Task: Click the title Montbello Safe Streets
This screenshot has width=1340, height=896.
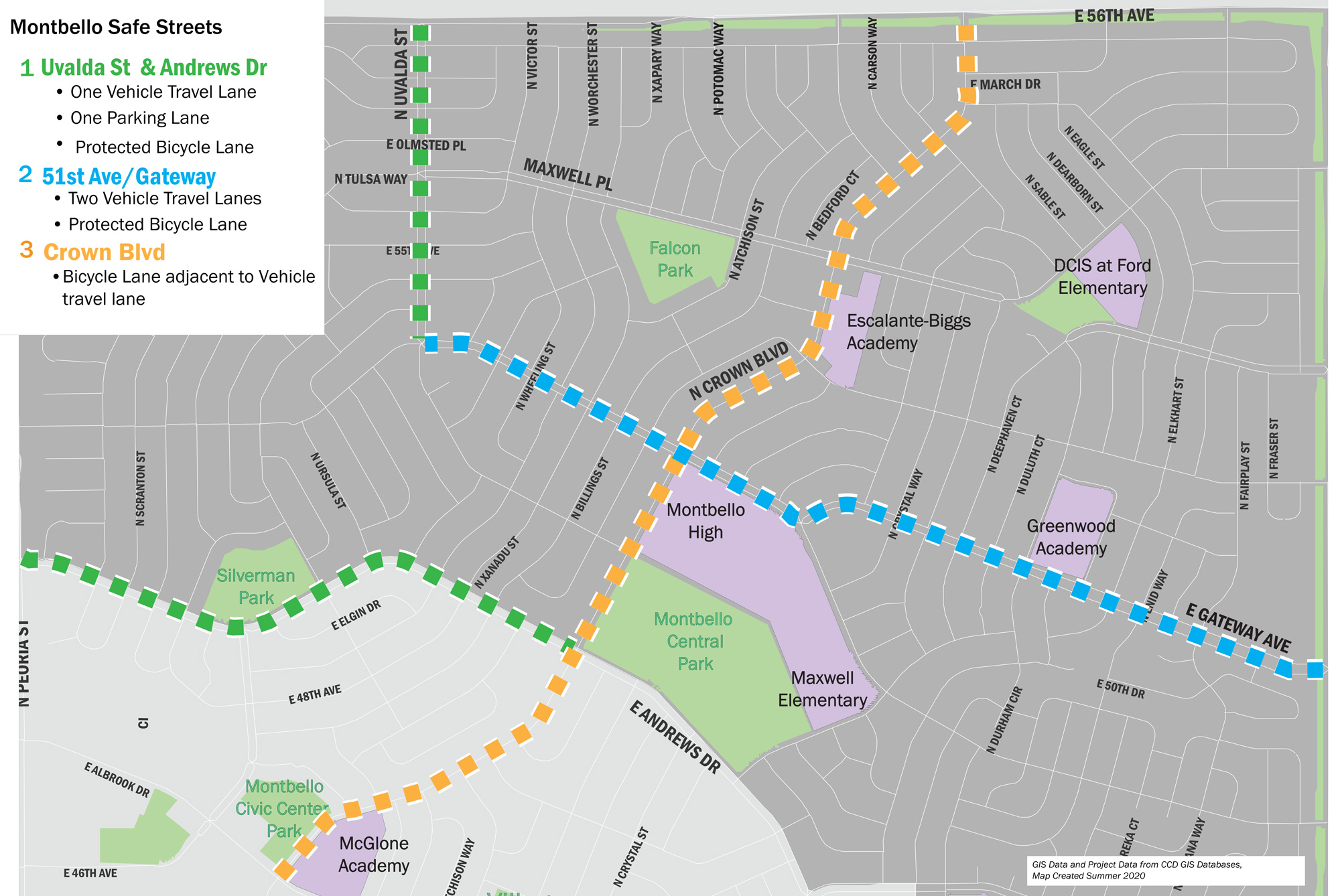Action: pos(116,27)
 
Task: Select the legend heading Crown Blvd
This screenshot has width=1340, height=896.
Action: pos(104,252)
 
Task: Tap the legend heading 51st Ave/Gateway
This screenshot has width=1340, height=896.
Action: pos(129,177)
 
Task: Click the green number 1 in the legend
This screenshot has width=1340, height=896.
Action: pos(27,68)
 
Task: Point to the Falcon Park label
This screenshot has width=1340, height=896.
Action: pos(675,259)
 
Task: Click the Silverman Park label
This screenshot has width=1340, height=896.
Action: pos(255,587)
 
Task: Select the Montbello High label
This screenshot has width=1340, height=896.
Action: pos(706,521)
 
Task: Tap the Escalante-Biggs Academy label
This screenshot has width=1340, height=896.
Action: pos(908,331)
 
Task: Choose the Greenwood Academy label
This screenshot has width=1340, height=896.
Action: pos(1071,537)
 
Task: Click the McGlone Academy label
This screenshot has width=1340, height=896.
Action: pos(373,854)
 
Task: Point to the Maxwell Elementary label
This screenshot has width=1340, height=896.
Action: pos(822,689)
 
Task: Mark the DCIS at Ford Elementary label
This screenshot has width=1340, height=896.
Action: pos(1102,277)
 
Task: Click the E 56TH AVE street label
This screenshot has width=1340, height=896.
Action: pos(1114,16)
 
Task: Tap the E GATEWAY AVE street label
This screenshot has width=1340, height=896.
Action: pos(1237,627)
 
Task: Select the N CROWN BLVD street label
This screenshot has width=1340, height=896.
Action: pos(738,372)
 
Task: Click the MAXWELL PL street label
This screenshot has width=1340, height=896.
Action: pos(567,174)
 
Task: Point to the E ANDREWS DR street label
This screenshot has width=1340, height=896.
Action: pos(674,737)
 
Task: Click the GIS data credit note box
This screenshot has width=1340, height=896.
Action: pos(1165,870)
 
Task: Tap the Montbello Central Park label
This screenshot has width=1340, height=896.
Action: pos(694,642)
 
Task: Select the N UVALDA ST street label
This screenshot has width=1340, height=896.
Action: pos(401,74)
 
